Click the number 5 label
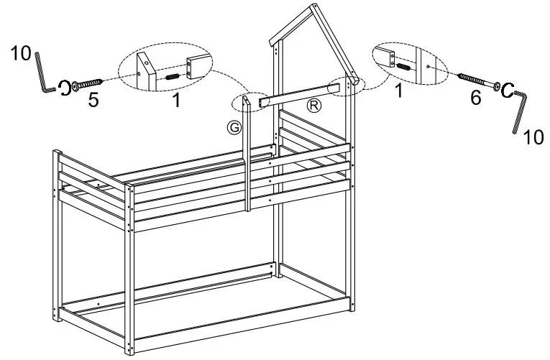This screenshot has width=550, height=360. pyautogui.click(x=93, y=99)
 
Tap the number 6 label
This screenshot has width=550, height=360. pyautogui.click(x=475, y=98)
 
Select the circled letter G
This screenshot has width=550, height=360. pyautogui.click(x=232, y=127)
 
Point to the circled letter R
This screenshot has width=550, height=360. pyautogui.click(x=313, y=106)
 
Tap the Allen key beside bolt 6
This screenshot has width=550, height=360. pyautogui.click(x=520, y=109)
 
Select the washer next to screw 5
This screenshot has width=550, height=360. pyautogui.click(x=65, y=87)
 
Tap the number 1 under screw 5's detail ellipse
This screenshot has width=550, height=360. pyautogui.click(x=175, y=101)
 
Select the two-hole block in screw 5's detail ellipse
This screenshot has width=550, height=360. pyautogui.click(x=197, y=68)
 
